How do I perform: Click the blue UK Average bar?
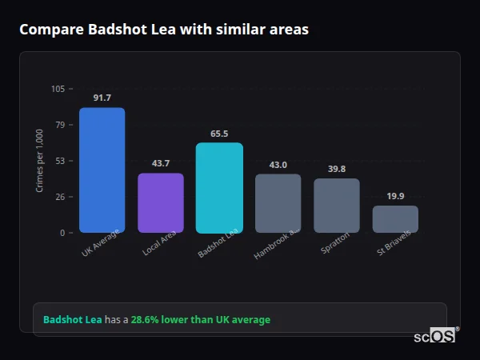coord(102,170)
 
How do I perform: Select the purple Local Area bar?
coord(160,202)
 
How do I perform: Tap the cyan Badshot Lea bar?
coord(219,187)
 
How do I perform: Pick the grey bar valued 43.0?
coord(278,203)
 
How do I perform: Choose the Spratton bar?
coord(337,205)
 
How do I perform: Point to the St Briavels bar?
coord(395,219)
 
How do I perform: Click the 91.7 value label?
coord(102,98)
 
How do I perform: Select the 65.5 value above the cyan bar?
coord(219,134)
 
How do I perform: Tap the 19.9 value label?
coord(395,196)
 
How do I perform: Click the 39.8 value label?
coord(337,169)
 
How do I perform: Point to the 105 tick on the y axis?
coord(58,89)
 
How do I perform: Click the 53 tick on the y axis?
coord(60,161)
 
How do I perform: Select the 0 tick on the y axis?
coord(62,233)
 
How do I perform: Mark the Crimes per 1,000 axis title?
coord(39,161)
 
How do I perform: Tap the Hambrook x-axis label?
coord(277,244)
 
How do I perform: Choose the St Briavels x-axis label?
coord(394,245)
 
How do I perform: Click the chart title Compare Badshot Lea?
coord(163,30)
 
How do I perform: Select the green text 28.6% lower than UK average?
coord(201,320)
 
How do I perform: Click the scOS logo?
coord(434,336)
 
